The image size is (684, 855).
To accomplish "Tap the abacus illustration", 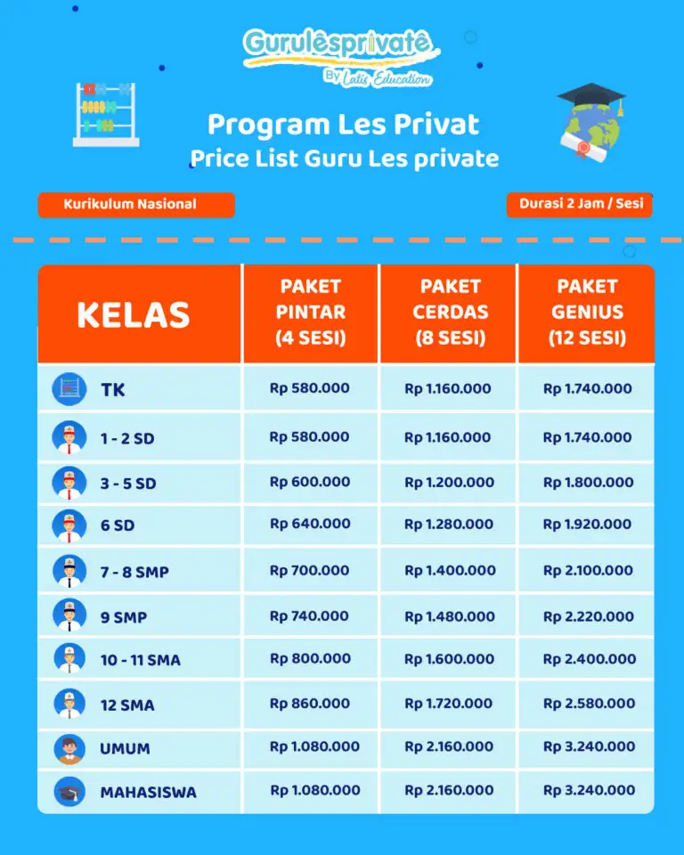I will click(x=106, y=113).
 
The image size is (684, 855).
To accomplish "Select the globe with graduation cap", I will click(x=590, y=120).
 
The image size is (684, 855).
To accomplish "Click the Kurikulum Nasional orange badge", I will click(x=135, y=205).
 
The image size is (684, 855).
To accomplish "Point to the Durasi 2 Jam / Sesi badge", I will click(x=580, y=204).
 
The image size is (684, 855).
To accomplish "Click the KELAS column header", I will click(x=134, y=314).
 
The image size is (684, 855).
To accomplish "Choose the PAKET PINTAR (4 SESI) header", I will click(x=310, y=312).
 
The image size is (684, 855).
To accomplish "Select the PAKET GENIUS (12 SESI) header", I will click(x=587, y=312).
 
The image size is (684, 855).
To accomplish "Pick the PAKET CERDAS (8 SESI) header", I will click(x=451, y=312).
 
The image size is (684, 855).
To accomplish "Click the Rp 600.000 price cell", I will click(x=310, y=482).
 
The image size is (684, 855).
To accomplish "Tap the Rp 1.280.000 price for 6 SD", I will click(x=449, y=525).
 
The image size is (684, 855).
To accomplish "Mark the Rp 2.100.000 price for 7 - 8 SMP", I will click(x=589, y=570).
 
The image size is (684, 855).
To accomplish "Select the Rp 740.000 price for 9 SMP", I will click(x=309, y=615).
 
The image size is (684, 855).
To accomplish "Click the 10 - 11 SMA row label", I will click(x=140, y=660).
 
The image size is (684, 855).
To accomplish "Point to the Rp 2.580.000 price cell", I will click(x=589, y=703).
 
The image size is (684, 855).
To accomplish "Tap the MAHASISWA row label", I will click(x=148, y=792).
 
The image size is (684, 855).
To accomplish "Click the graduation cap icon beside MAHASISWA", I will click(x=69, y=791).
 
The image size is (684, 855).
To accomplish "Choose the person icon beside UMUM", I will click(x=69, y=748).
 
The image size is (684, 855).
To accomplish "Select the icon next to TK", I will click(x=69, y=389).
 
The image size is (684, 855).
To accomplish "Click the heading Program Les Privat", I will click(x=343, y=124).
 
